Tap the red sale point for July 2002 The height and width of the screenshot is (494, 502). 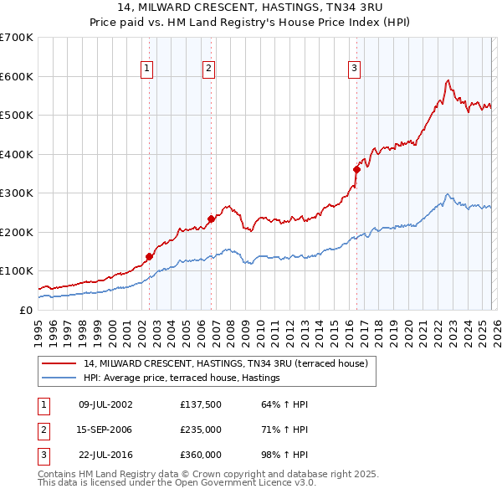149,256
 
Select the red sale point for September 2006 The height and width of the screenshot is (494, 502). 211,219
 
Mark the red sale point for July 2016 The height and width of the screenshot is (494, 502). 356,169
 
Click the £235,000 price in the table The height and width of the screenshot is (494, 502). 200,430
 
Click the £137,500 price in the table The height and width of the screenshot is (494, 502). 200,404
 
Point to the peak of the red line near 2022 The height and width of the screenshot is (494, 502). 448,80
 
